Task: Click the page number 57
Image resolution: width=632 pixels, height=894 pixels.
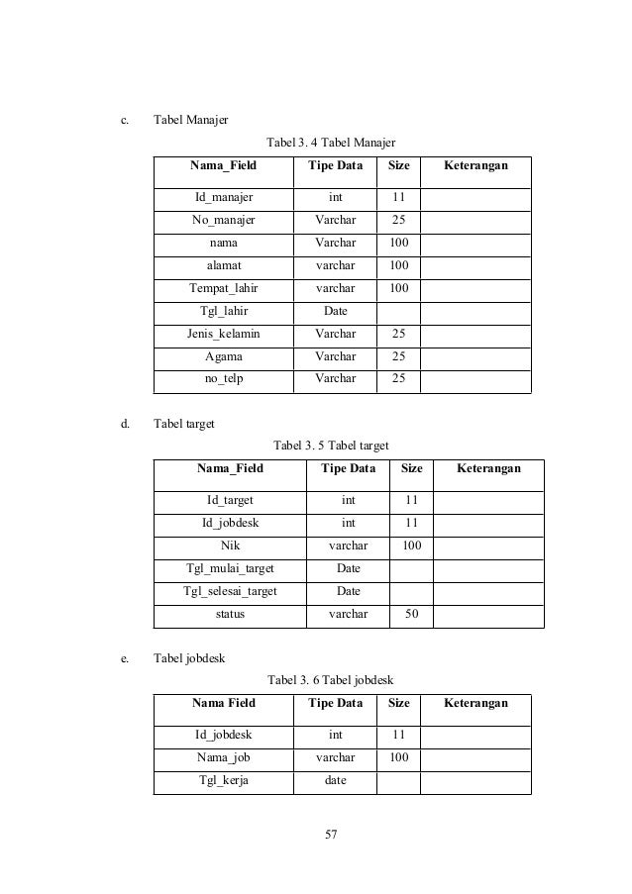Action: point(331,834)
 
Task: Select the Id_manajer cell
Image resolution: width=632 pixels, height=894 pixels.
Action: point(223,196)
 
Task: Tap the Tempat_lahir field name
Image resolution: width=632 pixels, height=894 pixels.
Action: point(223,288)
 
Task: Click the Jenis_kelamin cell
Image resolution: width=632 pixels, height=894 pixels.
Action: point(223,334)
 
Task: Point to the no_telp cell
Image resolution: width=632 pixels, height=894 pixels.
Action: point(223,378)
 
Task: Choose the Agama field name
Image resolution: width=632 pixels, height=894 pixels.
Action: point(223,356)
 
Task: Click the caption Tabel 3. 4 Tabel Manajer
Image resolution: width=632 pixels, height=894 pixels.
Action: point(332,144)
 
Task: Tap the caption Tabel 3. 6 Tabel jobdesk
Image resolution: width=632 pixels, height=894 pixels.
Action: point(332,679)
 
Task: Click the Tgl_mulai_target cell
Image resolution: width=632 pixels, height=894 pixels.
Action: point(230,568)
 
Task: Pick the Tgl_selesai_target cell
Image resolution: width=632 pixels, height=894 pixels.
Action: point(230,591)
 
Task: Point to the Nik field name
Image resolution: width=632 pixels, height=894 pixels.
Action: point(230,545)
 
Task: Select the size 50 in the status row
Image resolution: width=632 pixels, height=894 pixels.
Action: point(411,614)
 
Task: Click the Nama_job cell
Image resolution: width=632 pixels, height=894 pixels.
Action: point(223,756)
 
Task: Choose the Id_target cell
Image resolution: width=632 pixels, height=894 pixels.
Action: point(230,499)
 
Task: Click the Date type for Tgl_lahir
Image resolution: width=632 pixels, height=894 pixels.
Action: point(335,311)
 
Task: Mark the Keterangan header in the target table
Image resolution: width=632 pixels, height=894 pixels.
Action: point(488,468)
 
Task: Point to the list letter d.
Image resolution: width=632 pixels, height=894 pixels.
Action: point(125,424)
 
